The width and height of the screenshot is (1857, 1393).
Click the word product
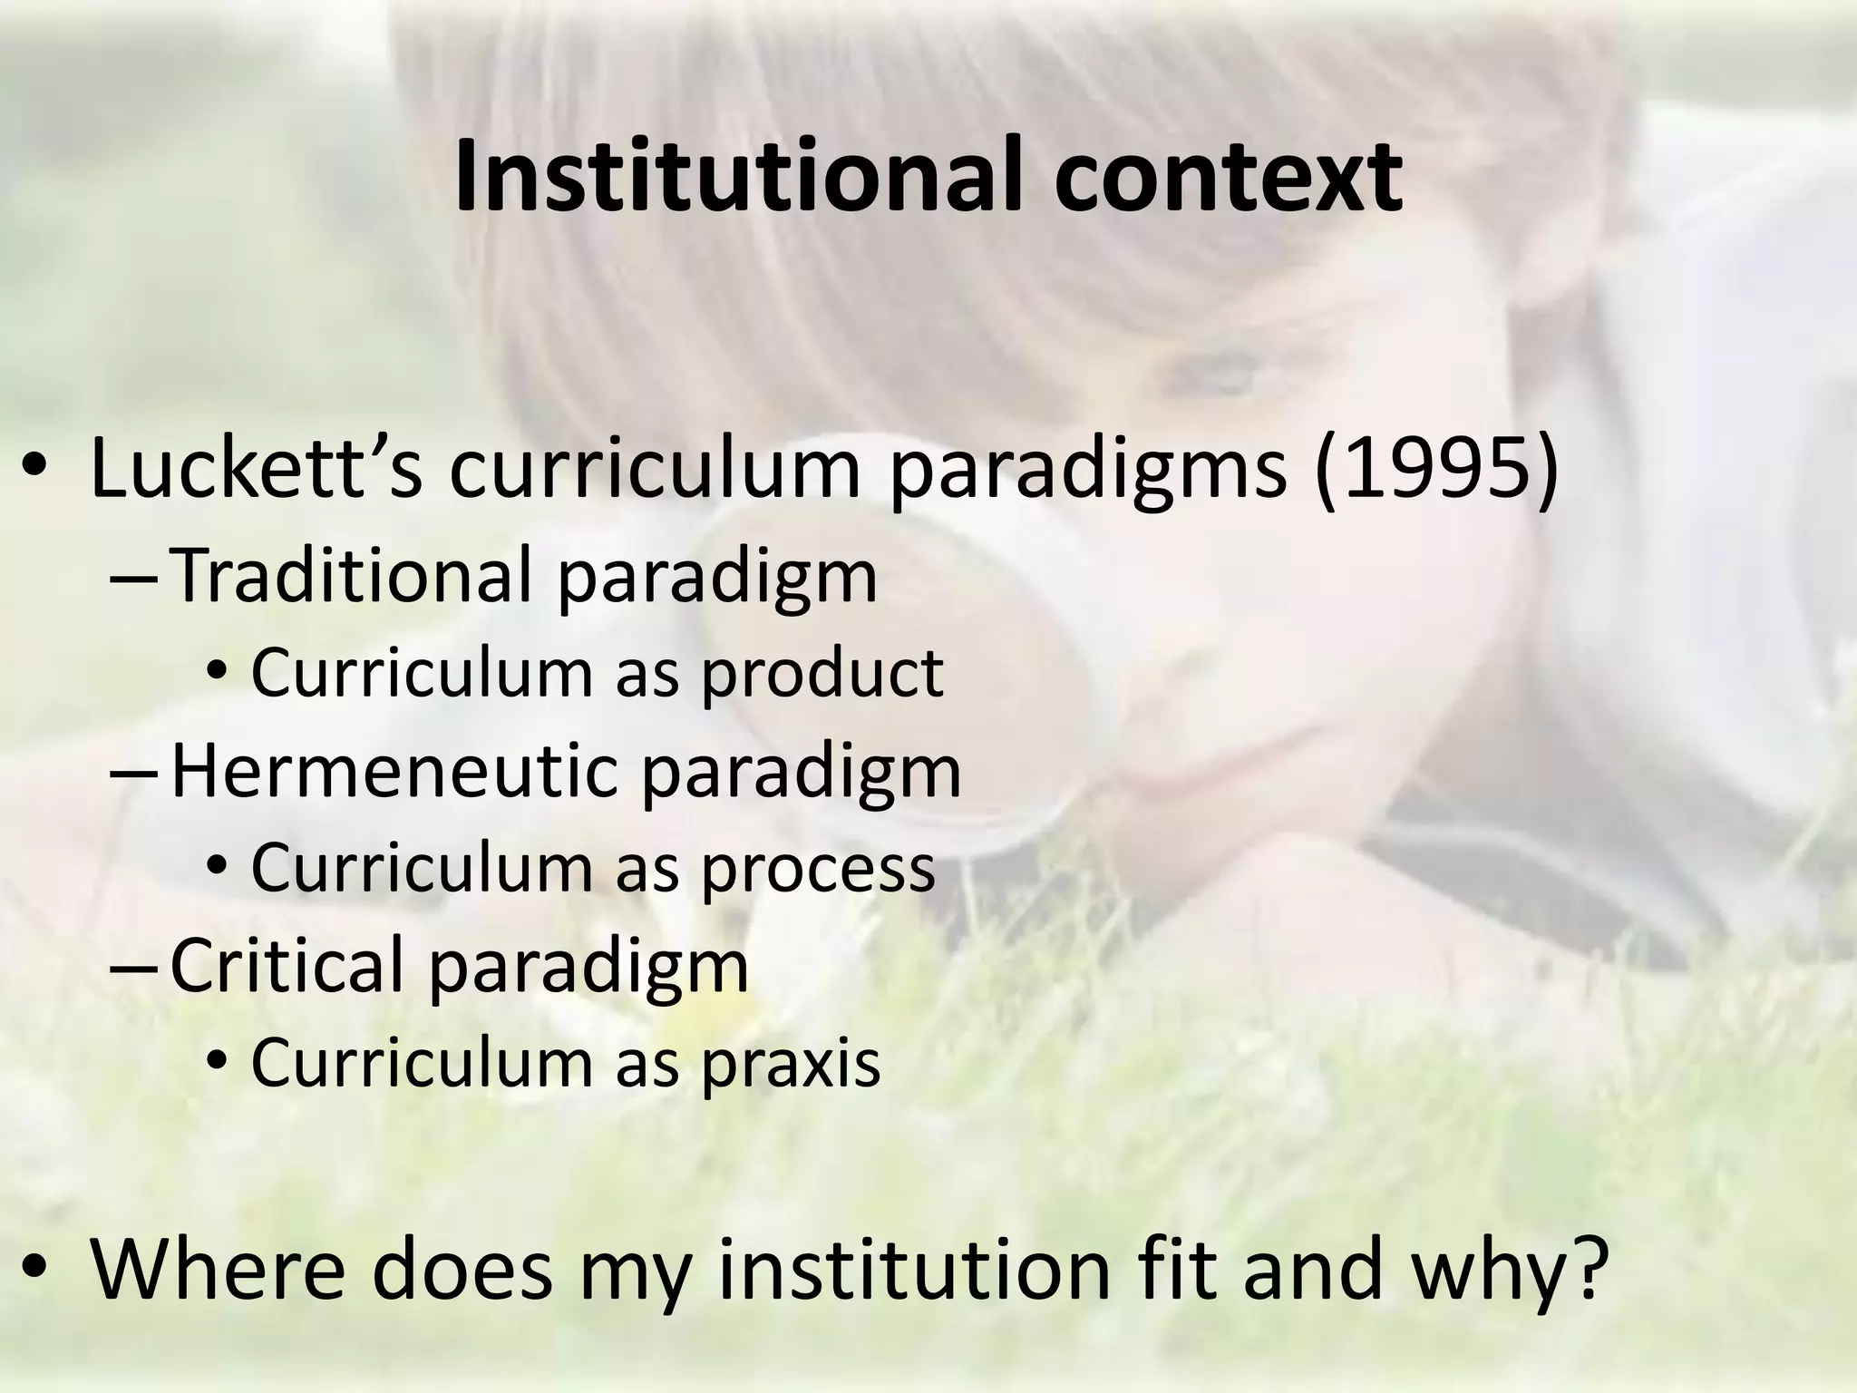[x=822, y=674]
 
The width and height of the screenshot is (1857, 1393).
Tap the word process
[x=818, y=869]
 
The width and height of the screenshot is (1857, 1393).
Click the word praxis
[x=791, y=1063]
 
